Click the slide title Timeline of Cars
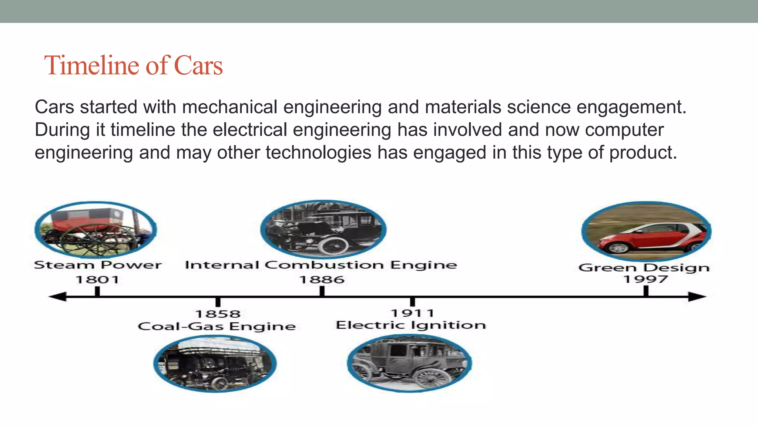[x=133, y=65]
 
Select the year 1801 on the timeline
[x=97, y=280]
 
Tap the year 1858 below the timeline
[x=218, y=314]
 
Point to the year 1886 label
[x=322, y=280]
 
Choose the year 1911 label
[x=412, y=313]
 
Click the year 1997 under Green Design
[x=645, y=279]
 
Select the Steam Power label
[x=98, y=265]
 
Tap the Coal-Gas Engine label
[x=217, y=327]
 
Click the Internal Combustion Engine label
[x=321, y=265]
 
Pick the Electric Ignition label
[x=411, y=325]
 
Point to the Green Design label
[x=644, y=267]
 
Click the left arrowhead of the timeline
[x=57, y=297]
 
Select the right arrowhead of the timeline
[x=697, y=297]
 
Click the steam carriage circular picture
[x=96, y=230]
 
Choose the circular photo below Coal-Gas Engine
[x=215, y=364]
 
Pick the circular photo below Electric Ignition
[x=409, y=363]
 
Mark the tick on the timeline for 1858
[x=218, y=301]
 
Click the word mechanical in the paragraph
[x=229, y=107]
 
